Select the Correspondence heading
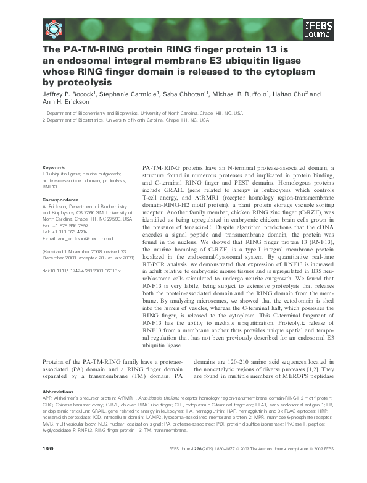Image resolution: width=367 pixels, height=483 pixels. pos(60,199)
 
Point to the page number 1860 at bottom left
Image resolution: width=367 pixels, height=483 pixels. pos(49,466)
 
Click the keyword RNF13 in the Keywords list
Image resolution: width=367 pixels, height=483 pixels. pos(50,187)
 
